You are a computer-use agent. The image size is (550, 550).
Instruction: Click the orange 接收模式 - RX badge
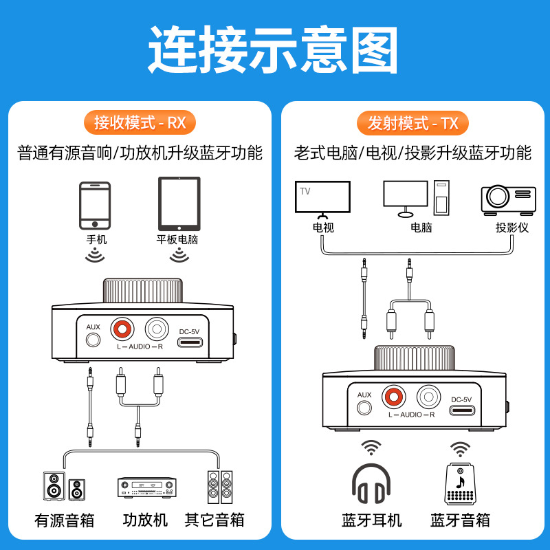[140, 123]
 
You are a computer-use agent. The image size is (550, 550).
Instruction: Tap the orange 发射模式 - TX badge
[412, 123]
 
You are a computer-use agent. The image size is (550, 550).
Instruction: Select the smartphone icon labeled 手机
[95, 206]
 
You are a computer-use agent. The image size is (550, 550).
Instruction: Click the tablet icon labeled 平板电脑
[179, 204]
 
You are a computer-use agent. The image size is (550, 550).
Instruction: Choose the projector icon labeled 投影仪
[508, 198]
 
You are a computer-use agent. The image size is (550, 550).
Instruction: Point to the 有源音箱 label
[64, 520]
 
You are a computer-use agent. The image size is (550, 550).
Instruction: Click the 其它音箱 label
[214, 520]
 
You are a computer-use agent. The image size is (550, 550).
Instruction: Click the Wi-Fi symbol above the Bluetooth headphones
[371, 448]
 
